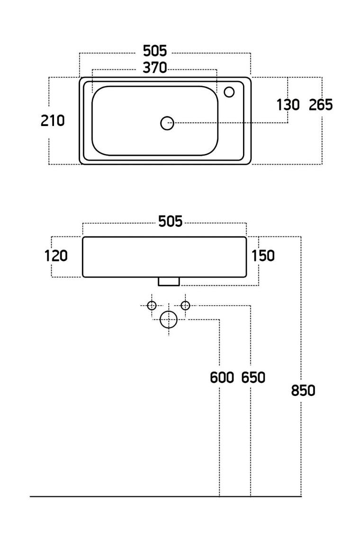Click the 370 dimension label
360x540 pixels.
click(155, 68)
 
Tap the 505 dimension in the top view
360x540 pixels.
click(155, 51)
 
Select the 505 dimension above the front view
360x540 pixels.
click(170, 221)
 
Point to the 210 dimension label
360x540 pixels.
click(53, 121)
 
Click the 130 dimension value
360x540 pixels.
click(288, 105)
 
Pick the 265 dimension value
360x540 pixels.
click(321, 105)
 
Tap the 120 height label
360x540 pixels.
click(56, 256)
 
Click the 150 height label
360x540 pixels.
click(263, 256)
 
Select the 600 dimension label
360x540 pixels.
click(222, 378)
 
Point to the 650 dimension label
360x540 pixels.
click(253, 378)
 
